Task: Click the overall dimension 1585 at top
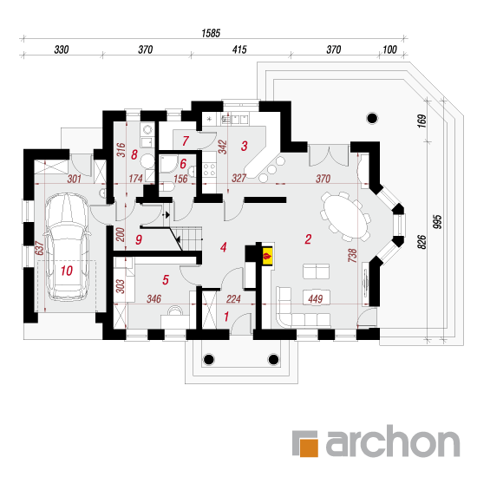pos(211,33)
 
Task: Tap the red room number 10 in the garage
pos(67,271)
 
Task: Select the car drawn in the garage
pos(67,246)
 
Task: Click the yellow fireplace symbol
pos(267,256)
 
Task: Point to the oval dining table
pos(345,215)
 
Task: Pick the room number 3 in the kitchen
pos(244,146)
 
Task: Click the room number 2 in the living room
pos(308,239)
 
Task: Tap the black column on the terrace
pos(372,118)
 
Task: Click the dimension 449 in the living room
pos(315,298)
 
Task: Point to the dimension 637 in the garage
pos(40,248)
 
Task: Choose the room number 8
pos(134,155)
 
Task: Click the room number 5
pos(166,280)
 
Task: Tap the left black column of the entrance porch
pos(209,359)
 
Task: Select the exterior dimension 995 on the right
pos(436,222)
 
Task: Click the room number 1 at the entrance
pos(226,317)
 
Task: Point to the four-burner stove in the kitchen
pos(209,170)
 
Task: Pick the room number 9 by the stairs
pos(139,239)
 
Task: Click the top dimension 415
pos(239,49)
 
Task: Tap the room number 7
pos(186,140)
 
